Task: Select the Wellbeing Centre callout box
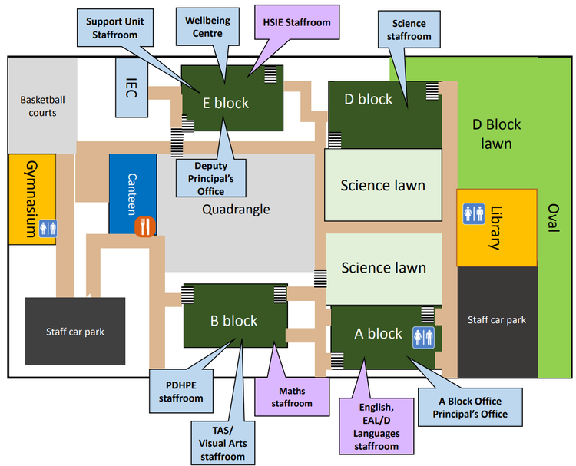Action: click(202, 27)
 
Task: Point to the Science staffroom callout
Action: click(409, 30)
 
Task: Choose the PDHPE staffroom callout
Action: click(180, 392)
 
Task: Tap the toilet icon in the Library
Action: click(473, 213)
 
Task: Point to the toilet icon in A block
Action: click(424, 338)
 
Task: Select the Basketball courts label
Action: click(38, 106)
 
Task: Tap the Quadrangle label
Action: click(236, 209)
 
